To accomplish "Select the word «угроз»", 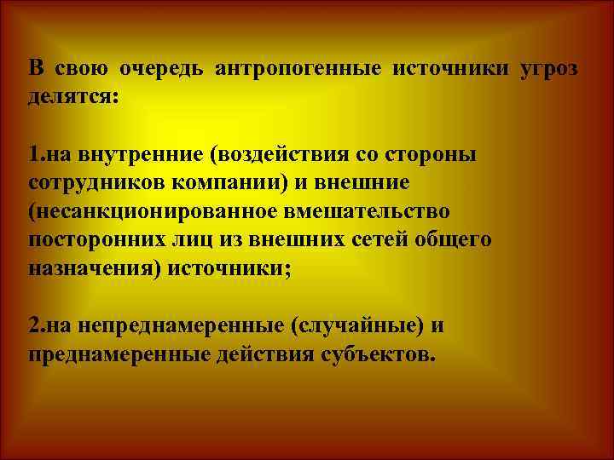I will coord(549,67).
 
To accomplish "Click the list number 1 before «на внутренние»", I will coord(32,156).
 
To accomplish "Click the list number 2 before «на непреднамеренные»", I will coord(32,326).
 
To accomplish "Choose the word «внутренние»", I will coord(115,156).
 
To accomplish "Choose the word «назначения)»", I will coord(93,267).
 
